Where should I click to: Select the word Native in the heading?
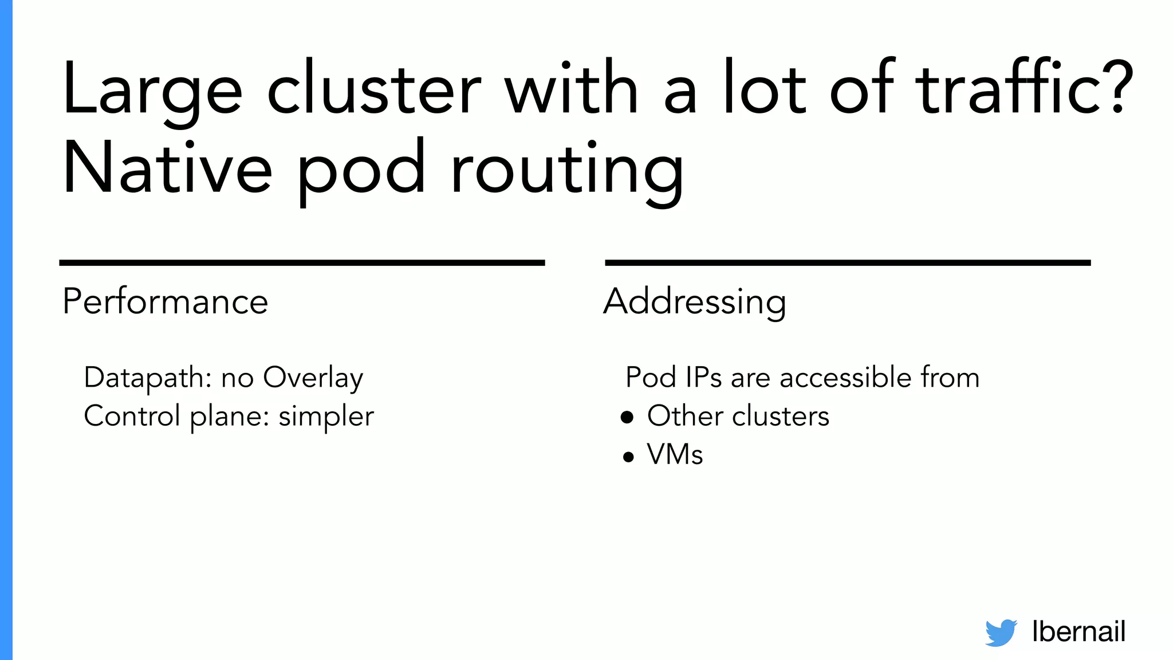point(167,168)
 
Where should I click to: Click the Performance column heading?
point(165,301)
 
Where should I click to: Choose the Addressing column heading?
point(695,302)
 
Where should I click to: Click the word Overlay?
point(313,378)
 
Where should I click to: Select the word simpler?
point(326,417)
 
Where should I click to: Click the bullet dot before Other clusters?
point(627,417)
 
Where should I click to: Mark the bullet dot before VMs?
point(628,457)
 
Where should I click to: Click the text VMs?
point(675,454)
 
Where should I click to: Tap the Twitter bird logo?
point(1001,632)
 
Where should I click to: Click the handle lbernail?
point(1078,631)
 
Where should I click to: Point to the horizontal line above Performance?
point(302,263)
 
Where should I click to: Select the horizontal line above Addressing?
point(848,263)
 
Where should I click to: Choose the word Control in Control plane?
point(132,416)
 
